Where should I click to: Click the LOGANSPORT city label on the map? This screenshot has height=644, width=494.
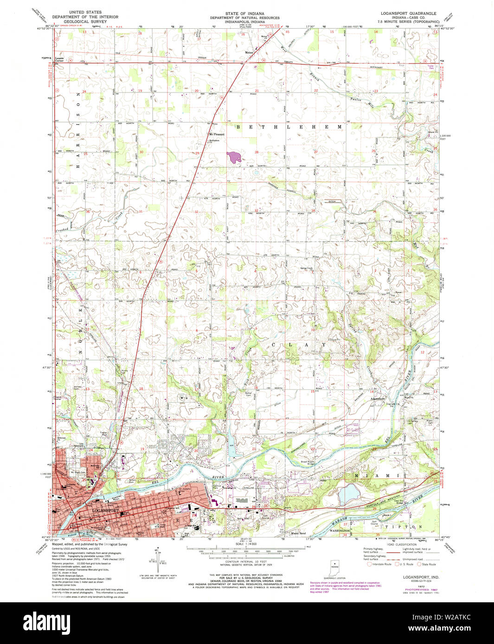pos(106,511)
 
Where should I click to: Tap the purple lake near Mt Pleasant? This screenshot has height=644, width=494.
pos(233,157)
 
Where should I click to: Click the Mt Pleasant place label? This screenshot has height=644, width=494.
pos(216,135)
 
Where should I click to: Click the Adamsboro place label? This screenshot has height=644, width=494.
pos(377,398)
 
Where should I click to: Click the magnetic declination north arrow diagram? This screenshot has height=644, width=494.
pos(158,561)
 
